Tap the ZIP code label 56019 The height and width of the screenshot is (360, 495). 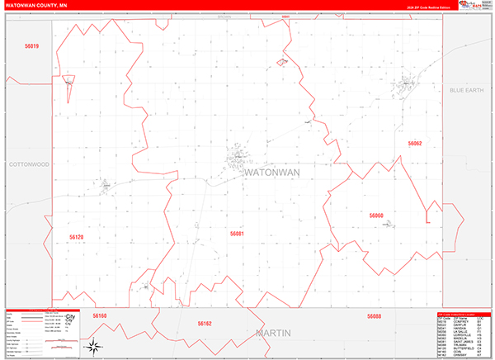coord(32,46)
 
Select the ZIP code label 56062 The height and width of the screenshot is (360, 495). coord(414,144)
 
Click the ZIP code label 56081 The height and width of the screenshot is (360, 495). coord(237,234)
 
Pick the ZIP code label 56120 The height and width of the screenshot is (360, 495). coord(77,237)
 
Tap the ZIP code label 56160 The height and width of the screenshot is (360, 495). coord(100,315)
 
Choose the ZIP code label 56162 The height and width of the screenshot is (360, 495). coord(205,324)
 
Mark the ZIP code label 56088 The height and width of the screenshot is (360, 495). coord(374,316)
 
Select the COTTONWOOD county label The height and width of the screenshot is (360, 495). coord(30,164)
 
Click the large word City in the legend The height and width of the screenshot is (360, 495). coord(70,317)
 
